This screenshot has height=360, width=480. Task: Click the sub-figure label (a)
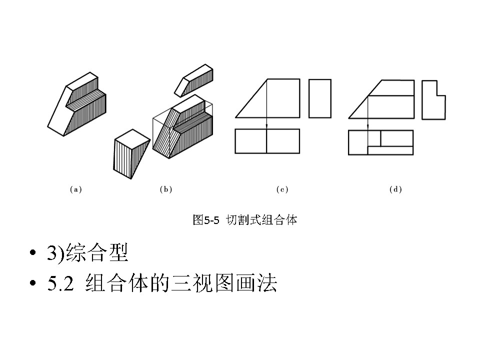75,189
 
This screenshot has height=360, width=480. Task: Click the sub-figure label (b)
165,189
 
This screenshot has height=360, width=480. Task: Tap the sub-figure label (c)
282,189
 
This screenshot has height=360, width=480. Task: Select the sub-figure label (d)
395,189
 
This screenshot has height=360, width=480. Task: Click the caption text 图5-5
206,220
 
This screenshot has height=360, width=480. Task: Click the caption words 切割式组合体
261,220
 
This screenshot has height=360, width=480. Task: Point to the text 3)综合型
88,253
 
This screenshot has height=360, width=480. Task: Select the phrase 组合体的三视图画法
181,284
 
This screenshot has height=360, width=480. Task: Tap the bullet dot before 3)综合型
33,254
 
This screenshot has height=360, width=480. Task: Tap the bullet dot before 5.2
33,284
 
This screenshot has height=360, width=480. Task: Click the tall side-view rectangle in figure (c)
320,98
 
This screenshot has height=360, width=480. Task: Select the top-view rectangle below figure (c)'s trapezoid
267,141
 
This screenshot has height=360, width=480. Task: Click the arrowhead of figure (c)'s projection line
266,126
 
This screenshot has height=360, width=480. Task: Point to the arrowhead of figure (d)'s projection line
368,127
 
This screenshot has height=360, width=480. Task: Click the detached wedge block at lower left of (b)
129,152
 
